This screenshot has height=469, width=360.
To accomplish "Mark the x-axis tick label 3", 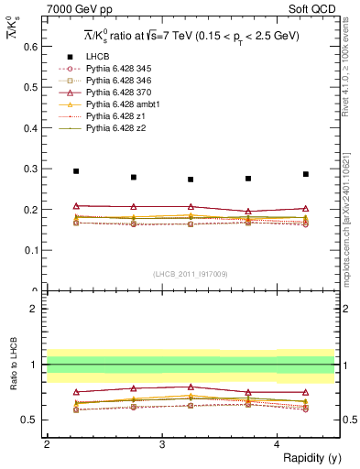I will point(162,443).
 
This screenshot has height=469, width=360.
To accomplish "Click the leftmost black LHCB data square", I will point(76,171).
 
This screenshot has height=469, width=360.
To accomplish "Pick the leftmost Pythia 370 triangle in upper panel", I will point(76,206).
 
